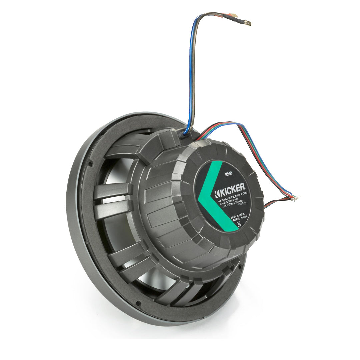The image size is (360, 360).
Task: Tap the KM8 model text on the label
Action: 228,174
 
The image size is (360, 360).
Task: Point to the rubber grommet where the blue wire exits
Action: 185,134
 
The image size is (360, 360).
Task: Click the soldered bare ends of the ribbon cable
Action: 295,198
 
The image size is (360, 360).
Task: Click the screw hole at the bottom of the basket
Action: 138,303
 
